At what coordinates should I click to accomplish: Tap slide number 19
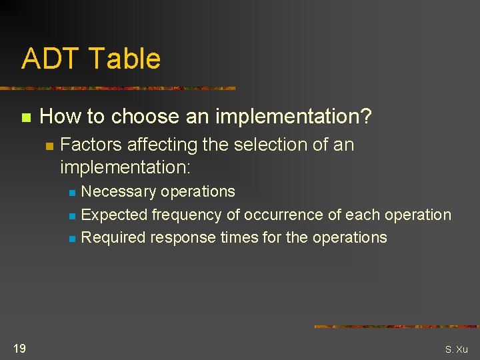pyautogui.click(x=19, y=348)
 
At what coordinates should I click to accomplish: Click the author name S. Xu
pyautogui.click(x=457, y=349)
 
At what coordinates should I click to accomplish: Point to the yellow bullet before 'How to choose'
pyautogui.click(x=25, y=118)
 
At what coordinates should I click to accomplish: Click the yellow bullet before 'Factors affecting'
pyautogui.click(x=49, y=146)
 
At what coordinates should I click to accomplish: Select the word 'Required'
pyautogui.click(x=113, y=237)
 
